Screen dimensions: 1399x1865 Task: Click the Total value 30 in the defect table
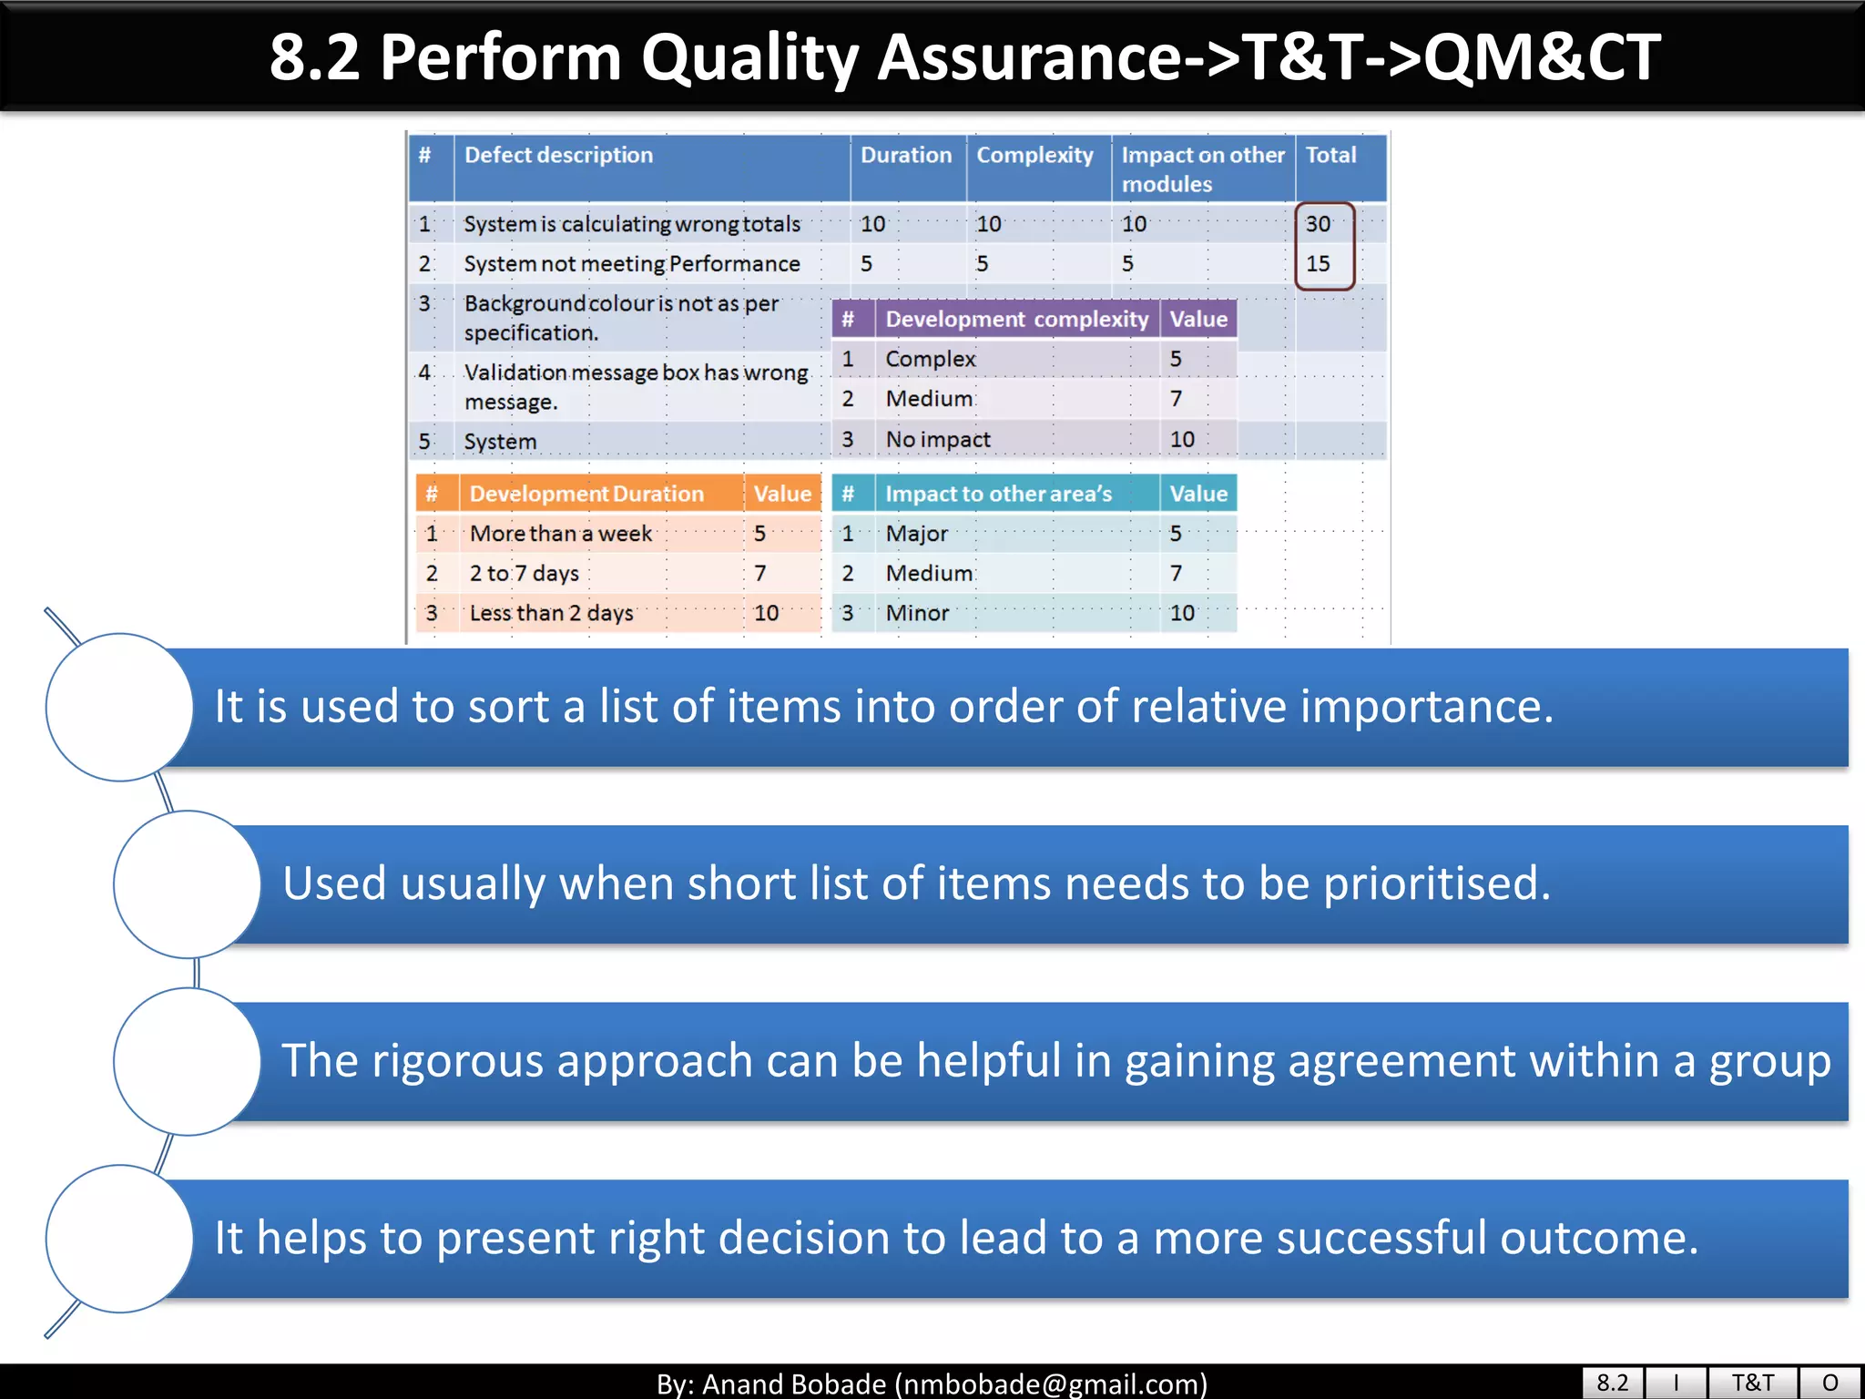[x=1318, y=224]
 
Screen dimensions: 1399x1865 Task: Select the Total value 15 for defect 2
[x=1318, y=264]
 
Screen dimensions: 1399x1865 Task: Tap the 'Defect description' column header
[x=558, y=155]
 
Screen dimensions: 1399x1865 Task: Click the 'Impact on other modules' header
[x=1202, y=168]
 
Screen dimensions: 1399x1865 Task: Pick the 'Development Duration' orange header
[x=586, y=494]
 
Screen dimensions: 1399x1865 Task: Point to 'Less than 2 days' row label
[x=551, y=613]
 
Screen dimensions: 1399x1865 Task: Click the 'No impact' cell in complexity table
[x=937, y=440]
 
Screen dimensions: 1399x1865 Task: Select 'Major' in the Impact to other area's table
[x=916, y=534]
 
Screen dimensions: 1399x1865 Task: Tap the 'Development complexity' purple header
[x=1016, y=320]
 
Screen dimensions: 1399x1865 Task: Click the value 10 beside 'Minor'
[x=1182, y=613]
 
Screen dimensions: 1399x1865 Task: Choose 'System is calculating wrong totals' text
[x=631, y=224]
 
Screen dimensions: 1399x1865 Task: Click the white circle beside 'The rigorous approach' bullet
[x=188, y=1062]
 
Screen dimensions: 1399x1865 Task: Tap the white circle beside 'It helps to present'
[x=119, y=1239]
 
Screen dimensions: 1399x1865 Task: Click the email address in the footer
[x=1051, y=1384]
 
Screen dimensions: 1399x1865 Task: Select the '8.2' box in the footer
[x=1612, y=1383]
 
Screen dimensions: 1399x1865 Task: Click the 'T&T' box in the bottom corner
[x=1752, y=1383]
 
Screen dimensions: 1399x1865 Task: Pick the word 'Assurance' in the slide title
[x=1029, y=58]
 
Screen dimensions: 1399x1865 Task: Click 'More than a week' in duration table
[x=560, y=534]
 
